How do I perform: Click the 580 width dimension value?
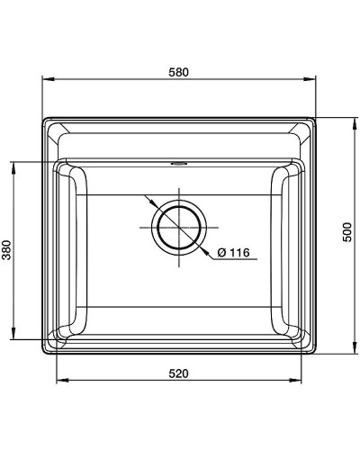click(x=180, y=73)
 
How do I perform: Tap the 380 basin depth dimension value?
click(x=8, y=252)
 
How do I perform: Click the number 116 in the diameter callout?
click(x=237, y=253)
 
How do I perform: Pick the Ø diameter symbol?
click(x=221, y=253)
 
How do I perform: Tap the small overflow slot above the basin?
click(x=180, y=164)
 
